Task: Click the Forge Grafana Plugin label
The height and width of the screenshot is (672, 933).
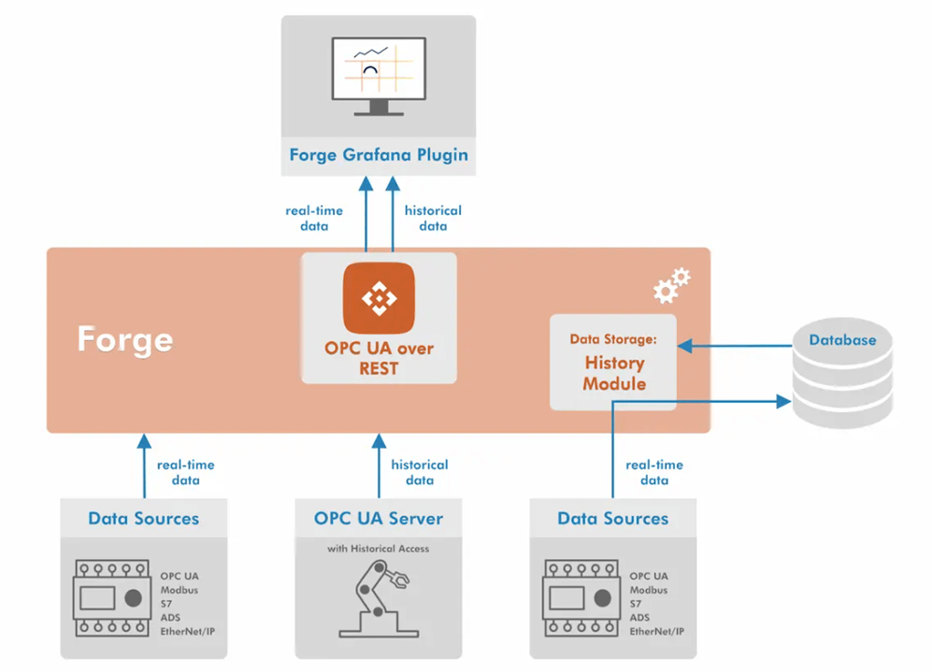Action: pyautogui.click(x=379, y=155)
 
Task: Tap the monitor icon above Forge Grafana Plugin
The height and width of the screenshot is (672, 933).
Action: pyautogui.click(x=379, y=76)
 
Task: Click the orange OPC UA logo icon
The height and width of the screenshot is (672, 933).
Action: pyautogui.click(x=379, y=298)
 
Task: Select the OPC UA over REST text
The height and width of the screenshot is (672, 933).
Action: pyautogui.click(x=379, y=358)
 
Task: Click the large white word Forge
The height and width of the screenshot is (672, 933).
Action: pyautogui.click(x=125, y=339)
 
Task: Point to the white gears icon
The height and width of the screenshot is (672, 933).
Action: pyautogui.click(x=672, y=285)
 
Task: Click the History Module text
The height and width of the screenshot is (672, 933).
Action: pyautogui.click(x=614, y=373)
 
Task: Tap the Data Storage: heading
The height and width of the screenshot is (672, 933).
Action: pyautogui.click(x=613, y=339)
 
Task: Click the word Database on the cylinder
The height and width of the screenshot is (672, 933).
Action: pyautogui.click(x=842, y=340)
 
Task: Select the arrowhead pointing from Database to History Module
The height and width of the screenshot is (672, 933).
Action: pyautogui.click(x=685, y=346)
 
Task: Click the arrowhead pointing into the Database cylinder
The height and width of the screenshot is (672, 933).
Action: pyautogui.click(x=783, y=401)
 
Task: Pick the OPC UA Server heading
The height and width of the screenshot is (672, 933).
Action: pyautogui.click(x=379, y=519)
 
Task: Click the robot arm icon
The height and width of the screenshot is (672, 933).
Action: pyautogui.click(x=379, y=599)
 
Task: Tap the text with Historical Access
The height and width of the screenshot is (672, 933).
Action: pyautogui.click(x=379, y=549)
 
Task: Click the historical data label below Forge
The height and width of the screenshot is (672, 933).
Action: pyautogui.click(x=420, y=472)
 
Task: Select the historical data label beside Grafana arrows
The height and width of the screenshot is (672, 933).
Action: pyautogui.click(x=433, y=219)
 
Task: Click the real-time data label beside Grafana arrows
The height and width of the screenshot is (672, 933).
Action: pyautogui.click(x=314, y=219)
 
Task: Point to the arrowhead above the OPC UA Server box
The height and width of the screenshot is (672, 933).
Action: pyautogui.click(x=379, y=441)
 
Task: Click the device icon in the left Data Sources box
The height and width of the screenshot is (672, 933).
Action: pyautogui.click(x=112, y=598)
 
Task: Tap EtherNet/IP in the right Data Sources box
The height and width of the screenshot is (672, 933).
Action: pyautogui.click(x=657, y=632)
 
